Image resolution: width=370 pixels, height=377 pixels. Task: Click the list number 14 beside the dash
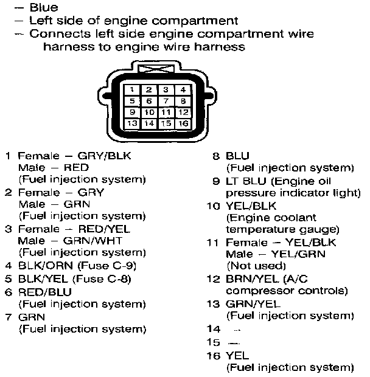(x=213, y=329)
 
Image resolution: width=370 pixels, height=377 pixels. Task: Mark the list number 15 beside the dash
(x=213, y=342)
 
